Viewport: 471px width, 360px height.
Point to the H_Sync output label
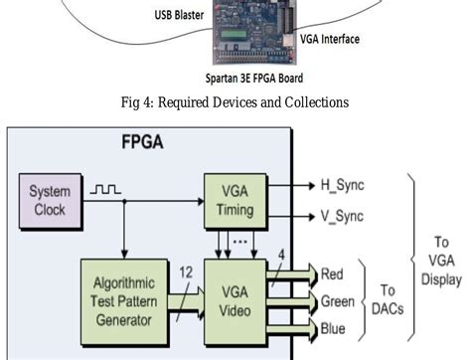click(x=341, y=185)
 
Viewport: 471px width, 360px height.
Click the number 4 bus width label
click(x=281, y=255)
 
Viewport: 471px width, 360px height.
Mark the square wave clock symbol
click(x=105, y=187)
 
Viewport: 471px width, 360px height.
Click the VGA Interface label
click(x=329, y=40)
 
